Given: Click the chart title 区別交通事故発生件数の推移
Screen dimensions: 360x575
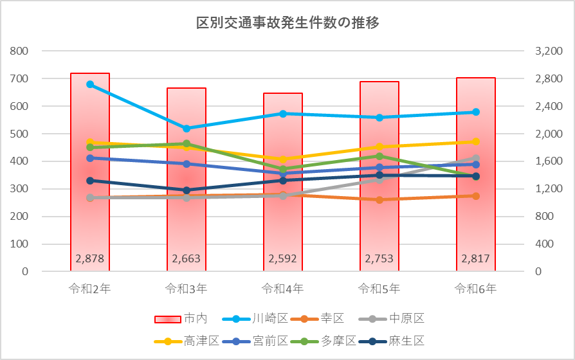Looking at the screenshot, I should click(x=287, y=24).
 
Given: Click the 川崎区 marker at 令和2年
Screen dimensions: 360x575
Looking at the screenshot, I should click(x=90, y=84).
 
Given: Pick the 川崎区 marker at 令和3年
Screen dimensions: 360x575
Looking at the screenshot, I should click(x=187, y=129).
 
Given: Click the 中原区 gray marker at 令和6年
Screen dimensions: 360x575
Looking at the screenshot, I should click(x=476, y=157).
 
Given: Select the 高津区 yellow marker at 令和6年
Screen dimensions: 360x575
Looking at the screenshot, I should click(x=476, y=141).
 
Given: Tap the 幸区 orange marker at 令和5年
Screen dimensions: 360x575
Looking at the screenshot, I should click(x=379, y=199).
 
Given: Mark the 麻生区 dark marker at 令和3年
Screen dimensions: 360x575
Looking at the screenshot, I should click(x=187, y=190).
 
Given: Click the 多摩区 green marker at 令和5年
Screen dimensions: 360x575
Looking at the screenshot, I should click(x=379, y=156).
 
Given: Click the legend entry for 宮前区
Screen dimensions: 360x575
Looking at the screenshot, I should click(x=257, y=341).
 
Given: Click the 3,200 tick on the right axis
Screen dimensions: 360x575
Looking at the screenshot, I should click(x=548, y=51).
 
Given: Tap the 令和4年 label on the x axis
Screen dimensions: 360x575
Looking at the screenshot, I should click(x=283, y=288).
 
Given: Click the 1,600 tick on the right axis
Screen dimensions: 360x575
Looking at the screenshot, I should click(x=548, y=161).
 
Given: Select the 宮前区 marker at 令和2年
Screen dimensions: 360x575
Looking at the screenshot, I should click(x=90, y=157).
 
